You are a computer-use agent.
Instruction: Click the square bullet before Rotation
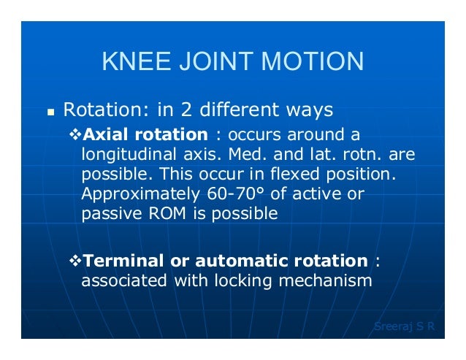(50, 113)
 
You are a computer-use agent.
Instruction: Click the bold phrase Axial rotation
(146, 135)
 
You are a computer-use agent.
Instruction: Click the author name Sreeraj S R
(403, 326)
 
